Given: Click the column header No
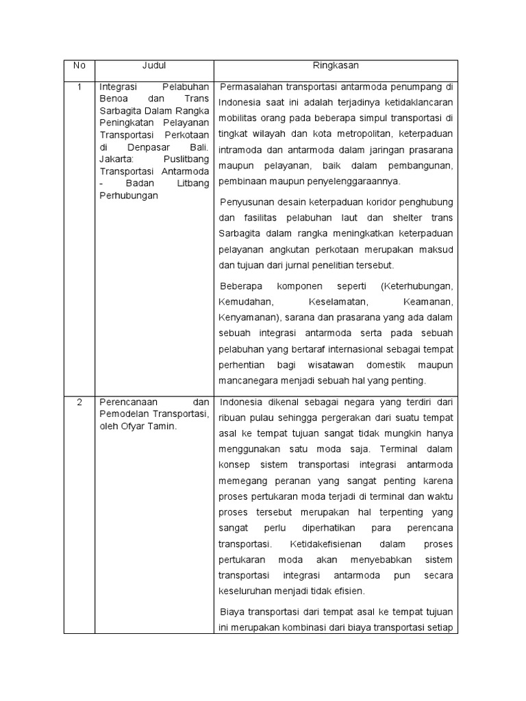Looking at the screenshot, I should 79,66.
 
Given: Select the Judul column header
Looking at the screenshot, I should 154,66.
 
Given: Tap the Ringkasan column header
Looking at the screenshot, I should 336,66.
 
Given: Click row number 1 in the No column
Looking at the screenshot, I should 79,87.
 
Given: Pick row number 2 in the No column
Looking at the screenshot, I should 79,402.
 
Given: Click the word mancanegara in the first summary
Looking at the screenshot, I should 248,380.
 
